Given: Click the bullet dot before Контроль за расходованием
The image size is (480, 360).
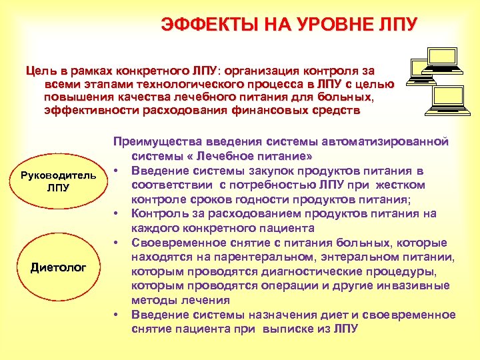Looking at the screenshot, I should (x=116, y=213).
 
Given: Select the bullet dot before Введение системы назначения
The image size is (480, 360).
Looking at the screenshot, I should (x=116, y=315).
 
